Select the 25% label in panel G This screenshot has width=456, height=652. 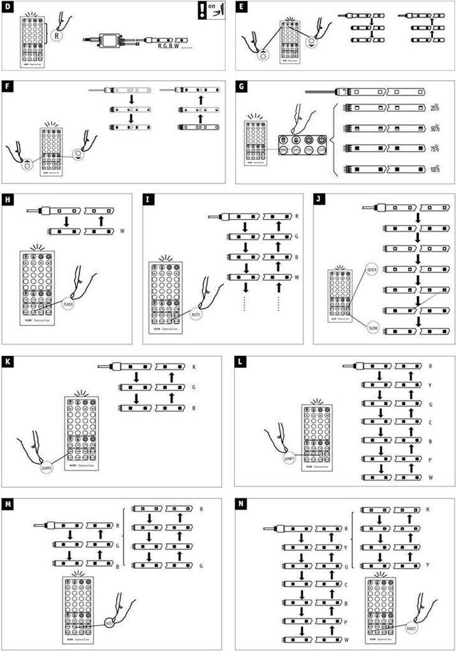436,108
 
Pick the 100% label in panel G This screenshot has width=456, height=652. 436,170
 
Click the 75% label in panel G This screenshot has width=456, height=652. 436,149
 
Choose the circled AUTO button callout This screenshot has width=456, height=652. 196,315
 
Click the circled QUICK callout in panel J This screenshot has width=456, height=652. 373,270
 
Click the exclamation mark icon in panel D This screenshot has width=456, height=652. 202,12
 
